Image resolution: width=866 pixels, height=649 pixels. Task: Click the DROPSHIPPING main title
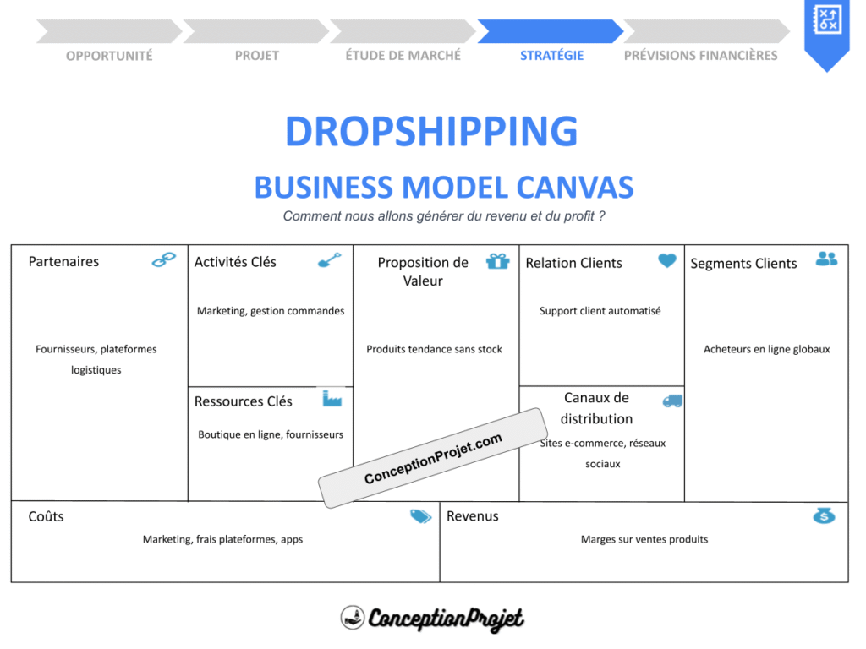(x=431, y=132)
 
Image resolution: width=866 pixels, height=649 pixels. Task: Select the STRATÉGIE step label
(x=551, y=56)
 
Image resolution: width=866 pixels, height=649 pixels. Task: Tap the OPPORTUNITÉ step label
(x=109, y=56)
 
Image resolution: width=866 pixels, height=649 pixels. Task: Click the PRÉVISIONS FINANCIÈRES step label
(x=700, y=56)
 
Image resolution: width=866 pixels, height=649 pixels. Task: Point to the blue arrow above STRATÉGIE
(x=550, y=31)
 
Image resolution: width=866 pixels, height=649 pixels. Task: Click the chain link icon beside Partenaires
(x=163, y=260)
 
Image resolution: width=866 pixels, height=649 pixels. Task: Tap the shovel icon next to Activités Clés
(x=329, y=260)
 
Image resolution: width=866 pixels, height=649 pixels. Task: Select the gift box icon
(x=498, y=261)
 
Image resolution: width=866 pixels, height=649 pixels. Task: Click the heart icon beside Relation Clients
(x=667, y=261)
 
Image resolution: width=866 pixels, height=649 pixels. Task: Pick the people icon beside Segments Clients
(x=826, y=259)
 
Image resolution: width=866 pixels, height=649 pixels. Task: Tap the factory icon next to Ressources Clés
(x=332, y=398)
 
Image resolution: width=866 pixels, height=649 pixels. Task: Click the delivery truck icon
(x=672, y=401)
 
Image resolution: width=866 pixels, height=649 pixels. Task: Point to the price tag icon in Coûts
(x=420, y=516)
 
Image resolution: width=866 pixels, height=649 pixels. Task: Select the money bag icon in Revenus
(x=824, y=515)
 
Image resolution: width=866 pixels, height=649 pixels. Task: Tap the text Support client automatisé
(x=600, y=311)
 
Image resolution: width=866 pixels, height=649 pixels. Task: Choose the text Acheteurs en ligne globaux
(x=767, y=349)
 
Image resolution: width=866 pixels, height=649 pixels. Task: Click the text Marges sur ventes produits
(x=644, y=539)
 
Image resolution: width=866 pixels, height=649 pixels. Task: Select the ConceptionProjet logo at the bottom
(x=432, y=618)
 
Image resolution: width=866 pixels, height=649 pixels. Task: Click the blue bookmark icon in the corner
(x=825, y=30)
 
